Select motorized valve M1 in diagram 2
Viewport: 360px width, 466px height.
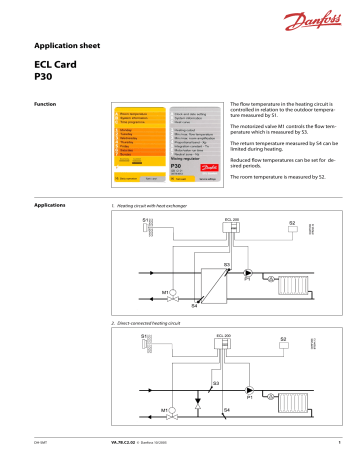[x=174, y=413]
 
